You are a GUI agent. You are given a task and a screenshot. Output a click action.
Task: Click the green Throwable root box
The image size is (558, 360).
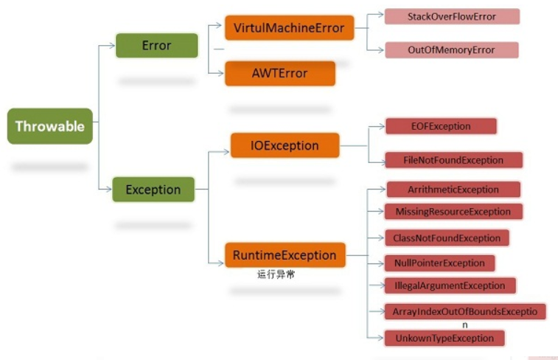(x=50, y=126)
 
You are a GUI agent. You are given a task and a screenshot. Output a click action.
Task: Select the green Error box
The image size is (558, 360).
(x=156, y=46)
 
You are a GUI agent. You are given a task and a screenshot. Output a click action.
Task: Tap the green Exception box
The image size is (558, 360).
(x=153, y=190)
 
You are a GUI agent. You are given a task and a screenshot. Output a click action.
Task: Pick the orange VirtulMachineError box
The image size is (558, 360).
(x=289, y=29)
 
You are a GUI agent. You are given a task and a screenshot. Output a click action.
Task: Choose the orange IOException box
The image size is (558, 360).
(x=285, y=146)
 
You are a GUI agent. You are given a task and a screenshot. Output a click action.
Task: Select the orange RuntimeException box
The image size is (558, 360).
(x=285, y=256)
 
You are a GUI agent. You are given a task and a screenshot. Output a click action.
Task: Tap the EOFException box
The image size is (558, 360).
(x=440, y=126)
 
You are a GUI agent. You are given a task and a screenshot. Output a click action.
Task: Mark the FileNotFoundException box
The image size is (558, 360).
(x=453, y=160)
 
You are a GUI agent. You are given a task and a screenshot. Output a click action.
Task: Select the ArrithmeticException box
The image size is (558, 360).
(x=453, y=190)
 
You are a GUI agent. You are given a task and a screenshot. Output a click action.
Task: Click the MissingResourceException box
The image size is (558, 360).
(x=453, y=212)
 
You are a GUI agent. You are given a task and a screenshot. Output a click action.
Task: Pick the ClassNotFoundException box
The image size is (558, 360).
(x=447, y=238)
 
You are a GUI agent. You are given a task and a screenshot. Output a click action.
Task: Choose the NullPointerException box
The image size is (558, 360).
(x=439, y=263)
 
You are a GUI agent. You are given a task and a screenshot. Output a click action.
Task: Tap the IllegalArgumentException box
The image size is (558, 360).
(x=450, y=285)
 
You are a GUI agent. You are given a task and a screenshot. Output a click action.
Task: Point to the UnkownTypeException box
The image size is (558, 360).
(x=444, y=338)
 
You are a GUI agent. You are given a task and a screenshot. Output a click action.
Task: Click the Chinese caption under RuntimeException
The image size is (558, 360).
(x=276, y=274)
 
